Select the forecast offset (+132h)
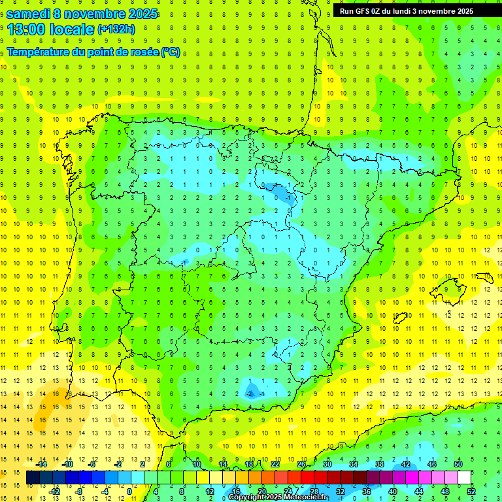(x=116, y=29)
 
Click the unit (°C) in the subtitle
(x=171, y=52)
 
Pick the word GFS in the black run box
(x=362, y=10)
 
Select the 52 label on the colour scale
(x=471, y=492)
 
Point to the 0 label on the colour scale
(x=129, y=492)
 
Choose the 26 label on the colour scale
(x=301, y=464)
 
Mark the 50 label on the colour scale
(x=458, y=464)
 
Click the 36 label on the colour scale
(x=367, y=492)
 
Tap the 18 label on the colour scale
(x=249, y=464)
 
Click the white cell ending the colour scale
(x=465, y=478)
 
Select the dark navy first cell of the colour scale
(x=33, y=478)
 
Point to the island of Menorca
(x=486, y=276)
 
